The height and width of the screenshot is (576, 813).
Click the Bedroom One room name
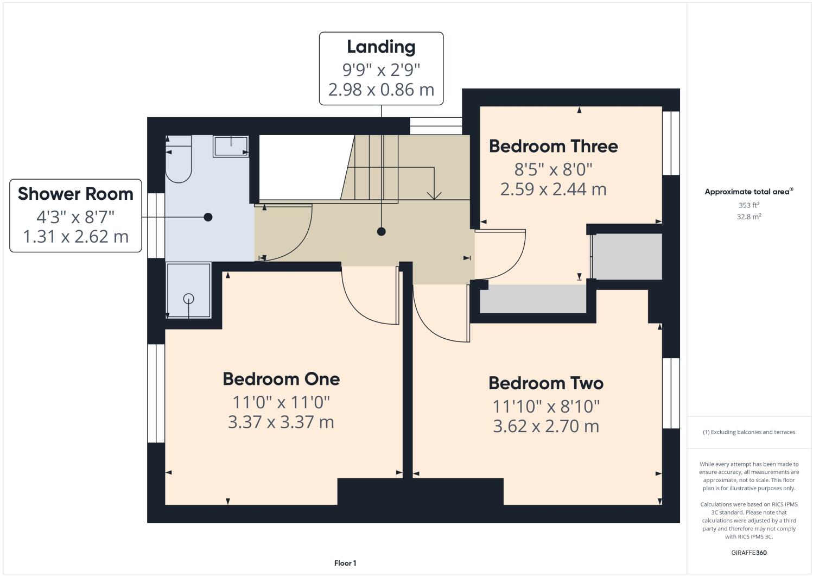pos(281,379)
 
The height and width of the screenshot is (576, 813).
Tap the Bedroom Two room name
pos(546,383)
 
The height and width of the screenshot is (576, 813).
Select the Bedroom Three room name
pos(553,146)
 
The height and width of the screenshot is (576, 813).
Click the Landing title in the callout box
pos(381,47)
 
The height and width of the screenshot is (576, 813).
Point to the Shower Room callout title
pos(75,194)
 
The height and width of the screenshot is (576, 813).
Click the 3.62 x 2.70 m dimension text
pos(546,426)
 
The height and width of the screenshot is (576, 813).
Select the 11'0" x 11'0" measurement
pos(281,402)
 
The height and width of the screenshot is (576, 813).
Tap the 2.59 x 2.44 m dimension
pos(553,189)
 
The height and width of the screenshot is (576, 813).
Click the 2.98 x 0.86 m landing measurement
pos(381,90)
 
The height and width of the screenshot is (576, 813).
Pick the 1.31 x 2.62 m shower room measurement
pos(75,237)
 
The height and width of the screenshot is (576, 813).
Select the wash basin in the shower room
pos(231,146)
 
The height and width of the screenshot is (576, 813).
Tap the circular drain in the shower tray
pos(188,298)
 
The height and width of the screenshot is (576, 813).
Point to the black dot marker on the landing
pos(381,231)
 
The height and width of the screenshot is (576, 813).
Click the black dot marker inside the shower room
pos(208,217)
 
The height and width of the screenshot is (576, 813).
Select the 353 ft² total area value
pos(748,205)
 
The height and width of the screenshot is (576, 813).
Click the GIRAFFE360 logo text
pos(748,553)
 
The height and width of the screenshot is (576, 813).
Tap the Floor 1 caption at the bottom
pos(345,564)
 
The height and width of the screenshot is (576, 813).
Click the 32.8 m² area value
pos(748,217)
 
